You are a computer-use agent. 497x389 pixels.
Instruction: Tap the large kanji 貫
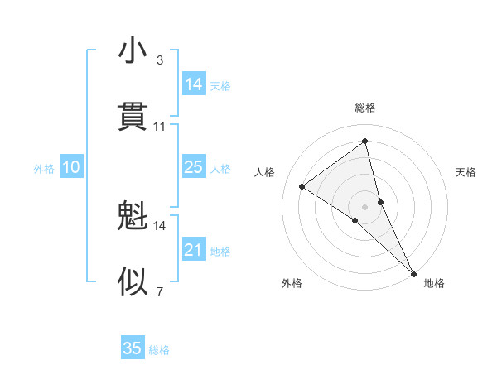click(133, 115)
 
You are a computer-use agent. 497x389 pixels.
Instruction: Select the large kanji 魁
click(133, 218)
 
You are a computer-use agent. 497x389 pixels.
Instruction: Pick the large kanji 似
click(133, 282)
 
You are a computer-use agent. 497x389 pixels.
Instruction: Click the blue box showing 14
click(194, 84)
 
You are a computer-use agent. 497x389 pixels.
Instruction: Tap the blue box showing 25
click(194, 167)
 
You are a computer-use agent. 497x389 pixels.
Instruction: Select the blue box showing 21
click(194, 250)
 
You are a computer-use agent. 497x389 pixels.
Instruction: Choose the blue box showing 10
click(71, 167)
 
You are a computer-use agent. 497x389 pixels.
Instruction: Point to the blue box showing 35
click(133, 348)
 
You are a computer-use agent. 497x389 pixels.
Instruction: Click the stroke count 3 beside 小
click(159, 60)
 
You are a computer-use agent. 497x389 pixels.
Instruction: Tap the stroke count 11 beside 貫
click(160, 127)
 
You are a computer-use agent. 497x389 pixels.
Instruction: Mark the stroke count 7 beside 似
click(159, 291)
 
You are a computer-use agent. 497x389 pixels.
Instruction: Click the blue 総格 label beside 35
click(159, 349)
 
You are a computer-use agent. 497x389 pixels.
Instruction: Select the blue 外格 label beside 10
click(44, 168)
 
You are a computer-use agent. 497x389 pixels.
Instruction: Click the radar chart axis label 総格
click(365, 108)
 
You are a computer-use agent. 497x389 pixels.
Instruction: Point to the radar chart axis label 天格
click(466, 172)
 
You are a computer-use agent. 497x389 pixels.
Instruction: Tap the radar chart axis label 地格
click(434, 283)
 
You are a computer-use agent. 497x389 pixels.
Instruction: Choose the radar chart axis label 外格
click(292, 283)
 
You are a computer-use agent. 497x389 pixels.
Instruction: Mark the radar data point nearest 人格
click(302, 186)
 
